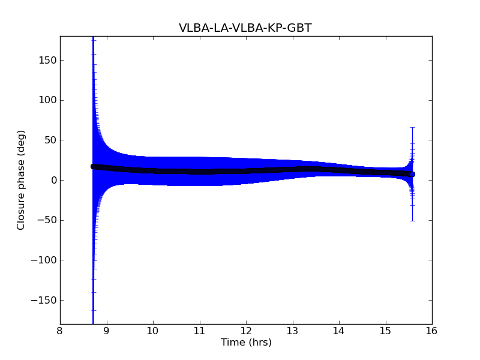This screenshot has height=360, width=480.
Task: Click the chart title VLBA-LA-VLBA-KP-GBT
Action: tap(245, 28)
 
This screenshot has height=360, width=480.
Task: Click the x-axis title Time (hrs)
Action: tap(246, 343)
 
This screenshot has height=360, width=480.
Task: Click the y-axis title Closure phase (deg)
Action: tap(22, 180)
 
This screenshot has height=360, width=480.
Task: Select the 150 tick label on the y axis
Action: tap(46, 60)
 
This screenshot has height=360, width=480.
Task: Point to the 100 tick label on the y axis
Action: tap(46, 100)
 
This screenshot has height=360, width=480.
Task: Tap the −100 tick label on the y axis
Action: tap(43, 260)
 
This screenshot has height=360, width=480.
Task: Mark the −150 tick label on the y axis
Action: tap(43, 300)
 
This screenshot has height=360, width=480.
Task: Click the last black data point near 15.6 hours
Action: tap(412, 174)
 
